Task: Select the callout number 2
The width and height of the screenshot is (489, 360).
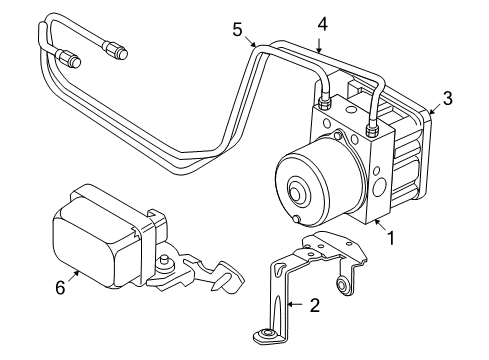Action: (314, 306)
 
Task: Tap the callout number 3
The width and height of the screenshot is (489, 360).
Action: (448, 98)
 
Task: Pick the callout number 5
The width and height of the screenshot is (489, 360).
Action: (236, 30)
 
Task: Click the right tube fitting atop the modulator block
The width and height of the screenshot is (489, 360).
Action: (372, 128)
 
